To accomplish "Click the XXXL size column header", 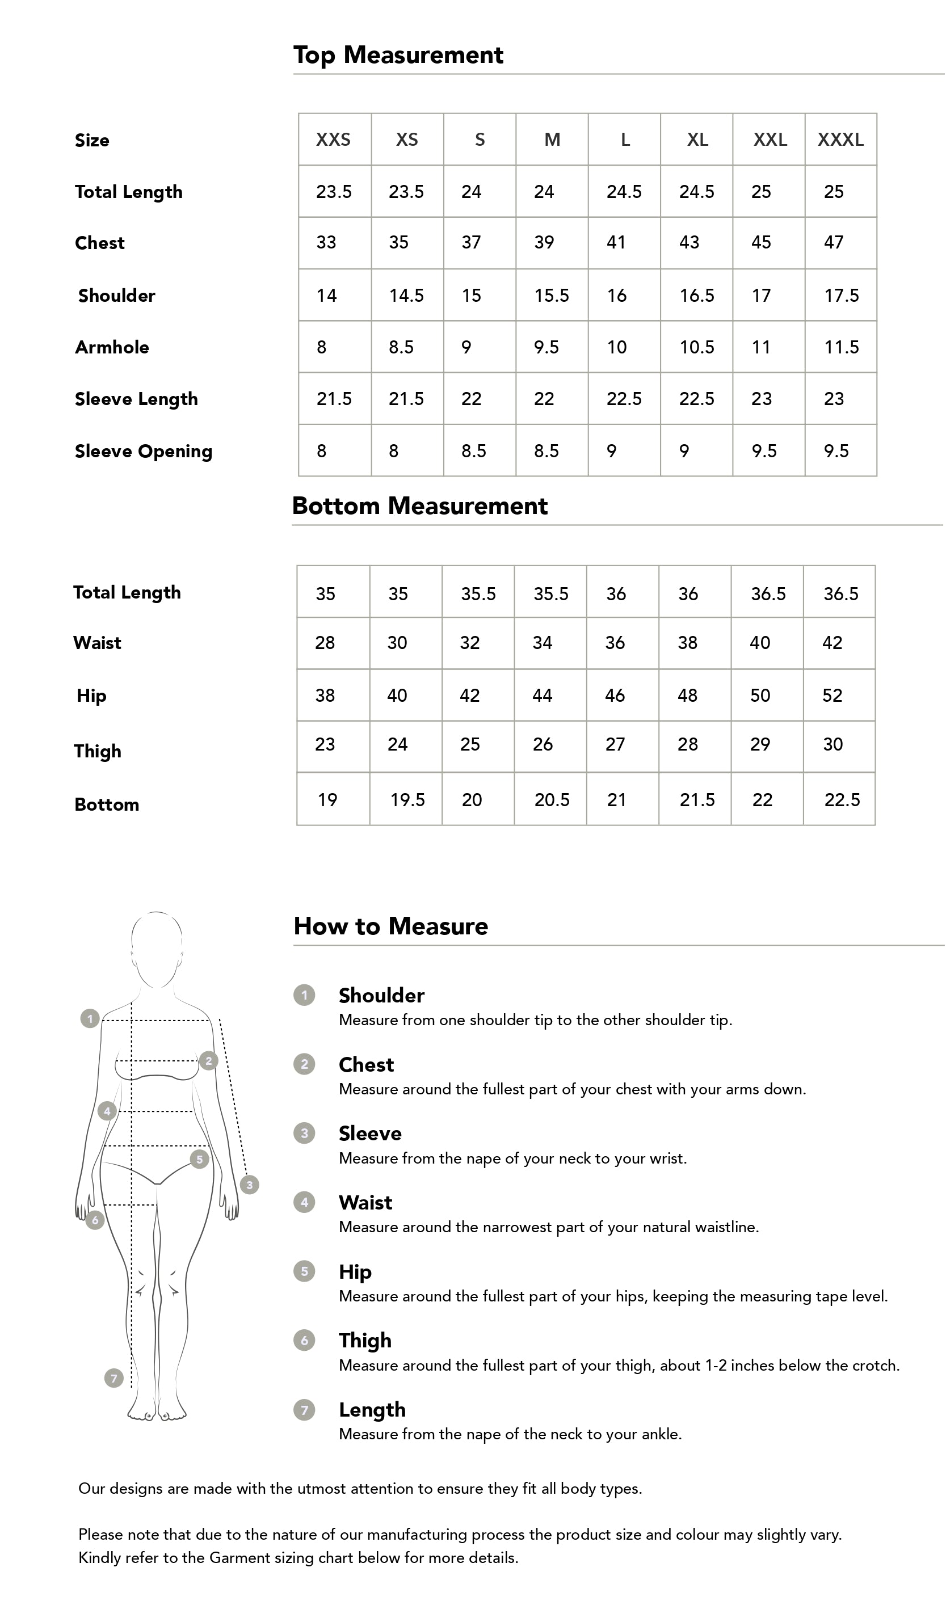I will pos(840,140).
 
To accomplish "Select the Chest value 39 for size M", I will pos(544,242).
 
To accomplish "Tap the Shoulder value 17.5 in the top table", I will pos(842,296).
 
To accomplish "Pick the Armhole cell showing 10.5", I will pos(697,347).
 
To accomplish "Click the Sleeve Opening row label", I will pos(143,452).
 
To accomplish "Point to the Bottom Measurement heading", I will pos(419,506).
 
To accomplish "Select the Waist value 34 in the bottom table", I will pos(543,643).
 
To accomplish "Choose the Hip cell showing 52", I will pos(833,696).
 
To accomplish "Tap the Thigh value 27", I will pos(615,744).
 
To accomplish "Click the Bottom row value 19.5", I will pos(408,800).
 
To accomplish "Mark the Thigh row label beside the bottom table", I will pos(98,751).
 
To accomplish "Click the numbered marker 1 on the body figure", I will pos(90,1018).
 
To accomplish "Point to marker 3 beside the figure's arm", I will pos(249,1185).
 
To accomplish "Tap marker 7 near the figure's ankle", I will pos(113,1377).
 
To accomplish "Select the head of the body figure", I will pos(157,949).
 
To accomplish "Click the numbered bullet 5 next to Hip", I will pos(304,1271).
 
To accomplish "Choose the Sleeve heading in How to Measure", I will pos(370,1134).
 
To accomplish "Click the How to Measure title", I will pos(390,926).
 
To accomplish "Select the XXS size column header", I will pos(333,140).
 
